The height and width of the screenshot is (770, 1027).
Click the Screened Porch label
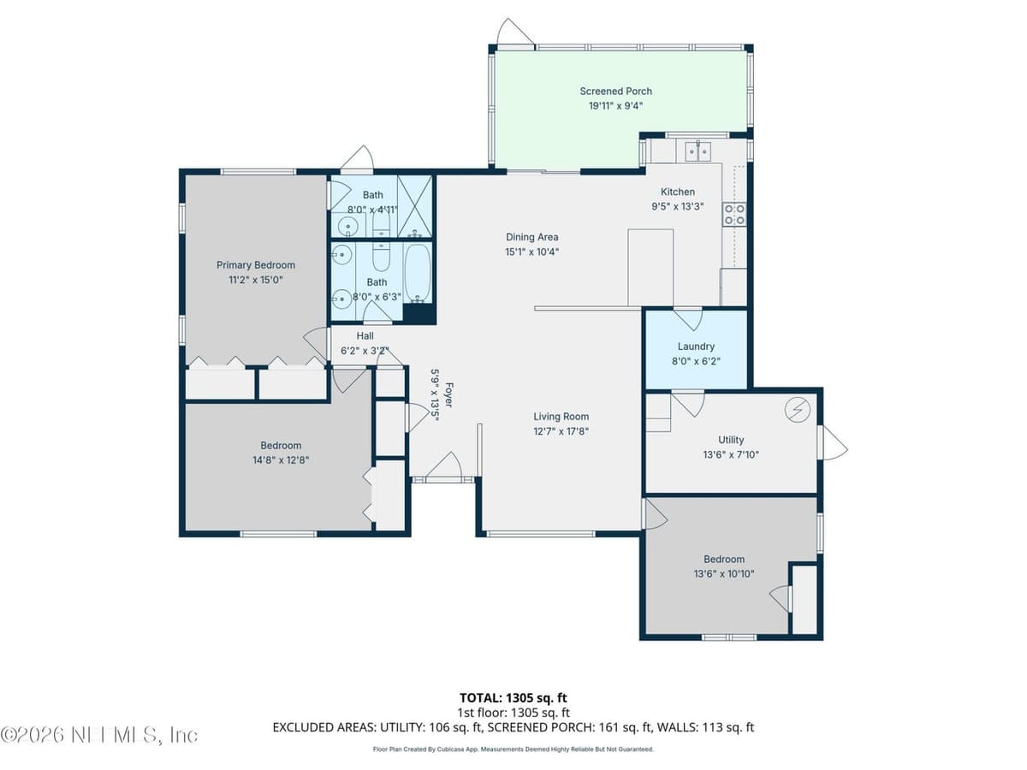[615, 92]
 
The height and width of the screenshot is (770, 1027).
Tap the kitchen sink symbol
[698, 151]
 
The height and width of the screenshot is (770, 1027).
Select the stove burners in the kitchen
[734, 215]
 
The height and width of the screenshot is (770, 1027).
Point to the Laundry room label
[696, 346]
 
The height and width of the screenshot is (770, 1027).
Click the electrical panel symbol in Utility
[798, 410]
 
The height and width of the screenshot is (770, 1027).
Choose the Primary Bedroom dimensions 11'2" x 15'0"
[255, 280]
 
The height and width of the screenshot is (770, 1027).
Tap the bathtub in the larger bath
[418, 274]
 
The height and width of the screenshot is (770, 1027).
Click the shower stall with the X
[414, 206]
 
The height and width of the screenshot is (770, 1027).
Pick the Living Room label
[561, 417]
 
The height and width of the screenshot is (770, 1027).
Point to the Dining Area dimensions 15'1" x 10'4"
[532, 252]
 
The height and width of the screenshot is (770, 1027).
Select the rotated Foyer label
[448, 395]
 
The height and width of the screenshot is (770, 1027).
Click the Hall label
[365, 335]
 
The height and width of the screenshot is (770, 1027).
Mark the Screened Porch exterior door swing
[514, 32]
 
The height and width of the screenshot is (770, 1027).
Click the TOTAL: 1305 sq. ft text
[513, 698]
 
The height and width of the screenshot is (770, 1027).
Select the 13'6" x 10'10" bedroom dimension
[724, 573]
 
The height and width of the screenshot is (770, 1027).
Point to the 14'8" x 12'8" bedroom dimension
[281, 460]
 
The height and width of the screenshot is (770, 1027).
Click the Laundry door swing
[687, 319]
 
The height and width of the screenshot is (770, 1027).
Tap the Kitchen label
[678, 192]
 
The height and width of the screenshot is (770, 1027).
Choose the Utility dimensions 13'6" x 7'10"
[731, 454]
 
